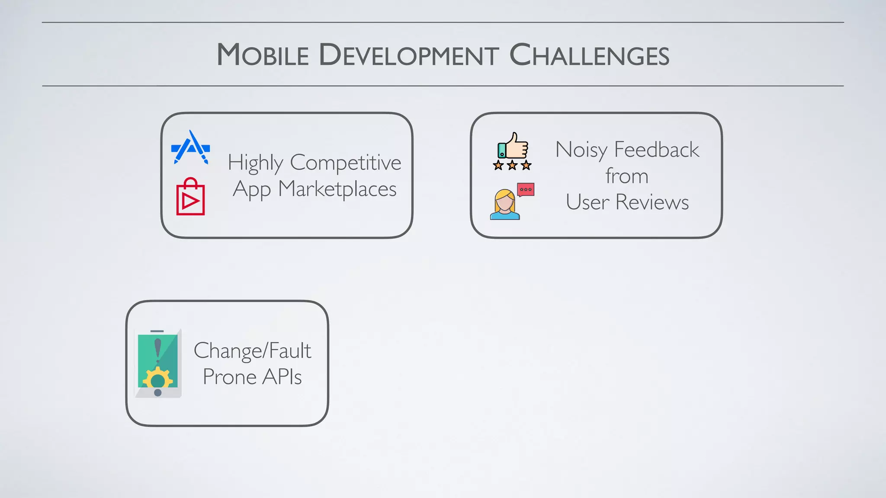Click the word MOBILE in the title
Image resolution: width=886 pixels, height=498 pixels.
tap(263, 55)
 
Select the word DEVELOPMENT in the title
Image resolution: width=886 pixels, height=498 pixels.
tap(409, 55)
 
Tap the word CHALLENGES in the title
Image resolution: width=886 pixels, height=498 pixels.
tap(589, 55)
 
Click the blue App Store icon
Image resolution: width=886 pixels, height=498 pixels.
tap(191, 147)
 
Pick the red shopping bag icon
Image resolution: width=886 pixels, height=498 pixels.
tap(190, 197)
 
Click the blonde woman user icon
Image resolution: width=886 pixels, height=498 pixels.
tap(504, 205)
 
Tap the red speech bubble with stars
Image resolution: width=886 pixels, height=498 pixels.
tap(526, 189)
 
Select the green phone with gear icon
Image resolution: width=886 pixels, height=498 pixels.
tap(158, 363)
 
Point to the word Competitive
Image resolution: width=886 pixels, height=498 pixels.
tap(345, 163)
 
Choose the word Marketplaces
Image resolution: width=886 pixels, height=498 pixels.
tap(337, 189)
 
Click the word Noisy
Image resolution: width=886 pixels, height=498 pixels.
tap(581, 150)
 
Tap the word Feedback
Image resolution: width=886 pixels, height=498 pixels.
tap(656, 150)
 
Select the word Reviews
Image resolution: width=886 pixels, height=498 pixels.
tap(652, 202)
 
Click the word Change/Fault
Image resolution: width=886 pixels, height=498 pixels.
tap(252, 351)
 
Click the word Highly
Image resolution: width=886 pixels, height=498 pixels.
tap(255, 163)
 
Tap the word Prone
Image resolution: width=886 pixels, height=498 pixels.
tap(230, 377)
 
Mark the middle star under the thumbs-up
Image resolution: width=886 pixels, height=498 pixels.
tap(512, 165)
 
